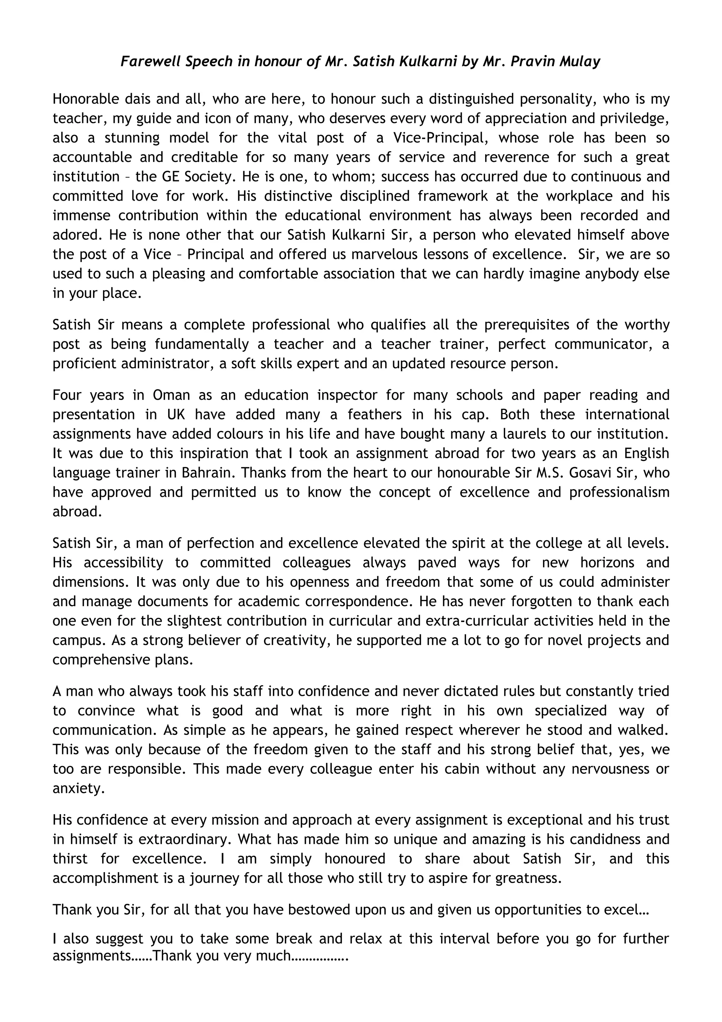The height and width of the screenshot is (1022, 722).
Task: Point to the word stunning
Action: point(132,138)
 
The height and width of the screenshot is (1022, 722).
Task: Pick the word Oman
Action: point(171,395)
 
